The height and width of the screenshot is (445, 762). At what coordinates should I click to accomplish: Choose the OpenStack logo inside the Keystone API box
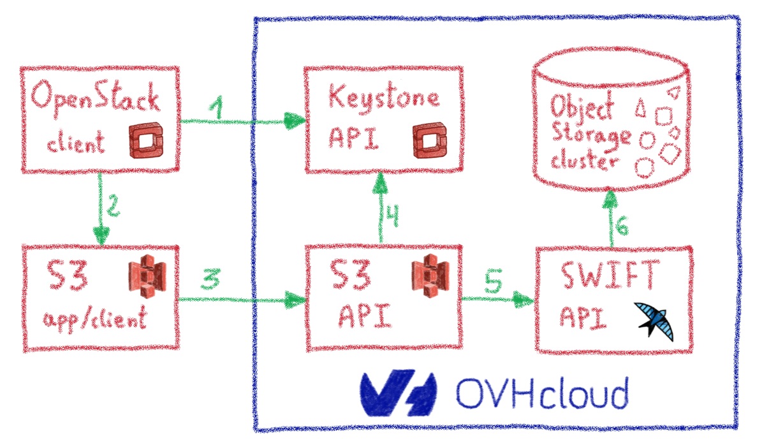423,142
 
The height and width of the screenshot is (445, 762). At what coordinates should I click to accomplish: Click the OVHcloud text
541,393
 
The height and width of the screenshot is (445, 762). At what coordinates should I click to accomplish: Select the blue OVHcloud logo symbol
398,393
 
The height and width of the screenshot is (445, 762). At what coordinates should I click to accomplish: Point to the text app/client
96,317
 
